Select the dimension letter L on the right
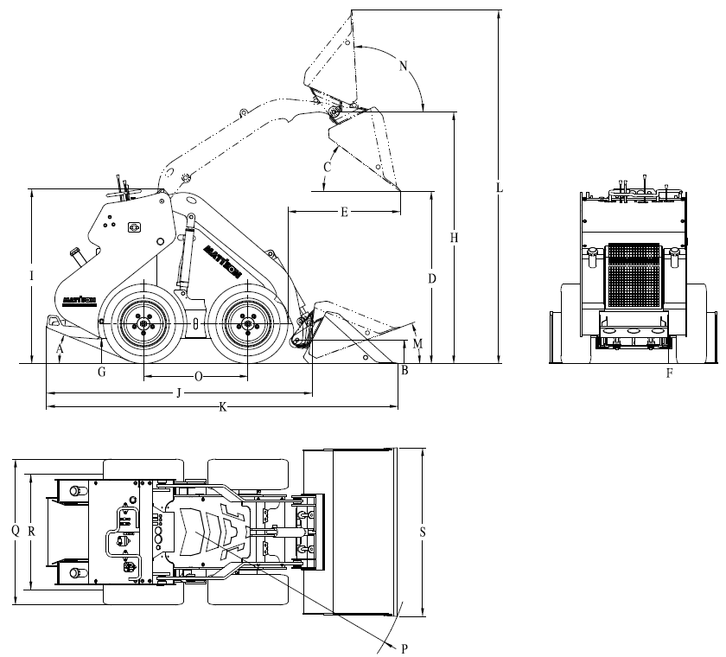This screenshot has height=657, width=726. tap(500, 187)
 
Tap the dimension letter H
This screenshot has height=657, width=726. tap(455, 237)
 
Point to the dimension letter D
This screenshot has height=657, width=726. tap(431, 278)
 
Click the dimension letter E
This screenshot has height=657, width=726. tap(344, 211)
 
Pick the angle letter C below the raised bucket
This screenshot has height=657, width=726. tap(328, 166)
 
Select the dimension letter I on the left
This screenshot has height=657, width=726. tap(31, 276)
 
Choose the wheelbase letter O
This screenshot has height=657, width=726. tap(198, 377)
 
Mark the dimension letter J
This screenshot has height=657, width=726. tap(178, 393)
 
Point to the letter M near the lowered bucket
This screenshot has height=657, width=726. tap(418, 343)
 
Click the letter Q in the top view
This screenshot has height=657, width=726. tap(16, 531)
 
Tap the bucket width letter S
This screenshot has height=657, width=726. tap(422, 533)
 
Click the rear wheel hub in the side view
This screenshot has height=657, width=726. tap(143, 324)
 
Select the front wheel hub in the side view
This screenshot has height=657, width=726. tap(248, 324)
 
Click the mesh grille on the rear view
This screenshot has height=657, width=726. tap(634, 276)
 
